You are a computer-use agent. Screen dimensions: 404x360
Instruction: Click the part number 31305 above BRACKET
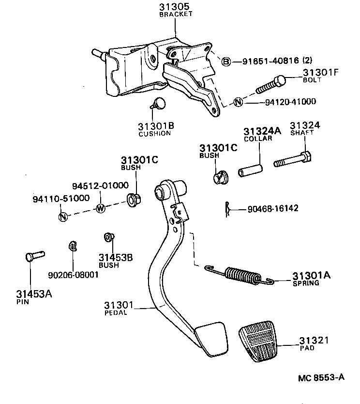click(176, 7)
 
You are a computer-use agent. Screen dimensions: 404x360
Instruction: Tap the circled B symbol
click(225, 61)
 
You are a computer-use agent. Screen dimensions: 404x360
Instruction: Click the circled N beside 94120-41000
click(238, 102)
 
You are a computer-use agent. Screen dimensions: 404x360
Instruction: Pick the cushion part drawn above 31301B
click(159, 103)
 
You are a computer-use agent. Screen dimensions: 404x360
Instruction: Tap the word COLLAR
click(258, 138)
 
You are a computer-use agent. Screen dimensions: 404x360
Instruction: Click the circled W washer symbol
click(101, 208)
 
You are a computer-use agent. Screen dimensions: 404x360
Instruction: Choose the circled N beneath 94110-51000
click(63, 217)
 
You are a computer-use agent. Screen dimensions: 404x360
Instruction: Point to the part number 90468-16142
click(272, 209)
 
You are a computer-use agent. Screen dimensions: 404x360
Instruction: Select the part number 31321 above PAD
click(314, 340)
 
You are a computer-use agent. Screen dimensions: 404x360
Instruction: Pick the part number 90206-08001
click(73, 274)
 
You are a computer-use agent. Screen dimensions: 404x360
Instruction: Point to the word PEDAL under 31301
click(116, 312)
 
